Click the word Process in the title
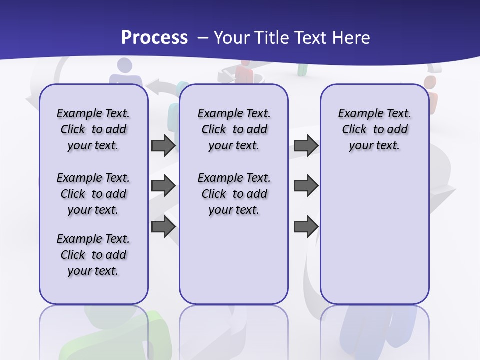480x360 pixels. click(x=154, y=37)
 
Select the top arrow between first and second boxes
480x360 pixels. click(x=163, y=145)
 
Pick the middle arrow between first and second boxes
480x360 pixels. click(x=163, y=186)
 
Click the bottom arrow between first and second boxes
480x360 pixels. click(x=163, y=227)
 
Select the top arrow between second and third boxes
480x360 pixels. click(x=306, y=145)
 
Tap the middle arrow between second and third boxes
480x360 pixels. click(x=306, y=186)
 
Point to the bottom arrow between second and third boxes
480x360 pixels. click(x=306, y=227)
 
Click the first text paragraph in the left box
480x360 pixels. click(x=93, y=129)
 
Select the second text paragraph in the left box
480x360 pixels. click(x=93, y=194)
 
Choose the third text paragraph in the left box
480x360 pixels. click(x=93, y=255)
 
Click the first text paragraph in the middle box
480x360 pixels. click(x=234, y=129)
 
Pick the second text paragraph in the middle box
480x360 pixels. click(x=234, y=194)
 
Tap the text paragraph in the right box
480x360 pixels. click(x=375, y=129)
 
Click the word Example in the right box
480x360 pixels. click(x=357, y=114)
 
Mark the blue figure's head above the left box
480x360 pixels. click(x=124, y=65)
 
